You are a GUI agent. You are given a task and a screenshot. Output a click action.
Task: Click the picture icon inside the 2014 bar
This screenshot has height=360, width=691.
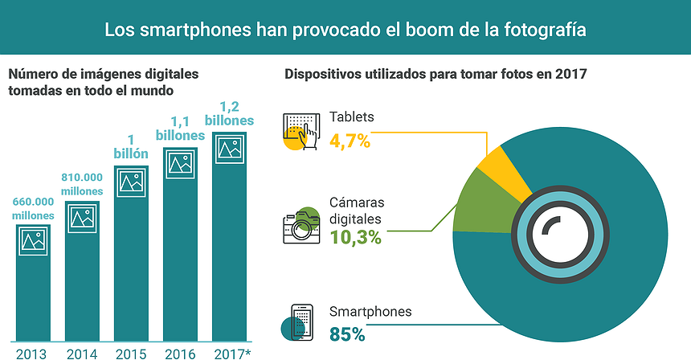(x=82, y=218)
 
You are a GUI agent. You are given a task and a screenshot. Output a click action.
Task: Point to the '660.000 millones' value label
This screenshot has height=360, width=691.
(x=32, y=209)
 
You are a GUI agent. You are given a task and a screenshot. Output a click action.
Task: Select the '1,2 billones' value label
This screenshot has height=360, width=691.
(x=230, y=114)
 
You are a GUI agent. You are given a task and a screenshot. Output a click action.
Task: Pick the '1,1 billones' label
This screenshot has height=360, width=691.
(x=180, y=129)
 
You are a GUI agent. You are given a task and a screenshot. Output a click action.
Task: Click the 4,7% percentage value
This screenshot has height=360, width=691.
(x=350, y=141)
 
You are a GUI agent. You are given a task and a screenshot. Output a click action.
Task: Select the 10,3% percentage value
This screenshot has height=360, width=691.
(x=354, y=237)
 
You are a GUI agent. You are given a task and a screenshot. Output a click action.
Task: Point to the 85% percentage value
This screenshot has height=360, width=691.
(x=347, y=332)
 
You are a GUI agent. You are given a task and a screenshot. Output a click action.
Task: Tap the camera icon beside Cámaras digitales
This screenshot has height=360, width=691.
(x=300, y=227)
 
